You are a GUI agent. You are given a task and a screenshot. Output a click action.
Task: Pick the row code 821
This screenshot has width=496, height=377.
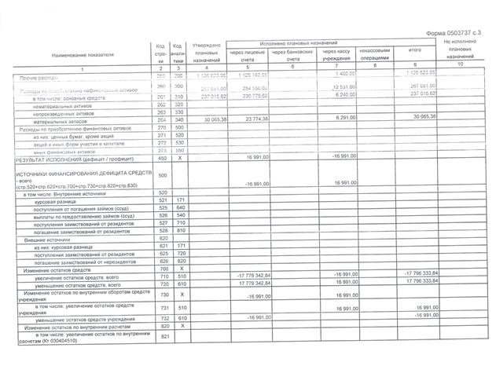[x=162, y=337]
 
